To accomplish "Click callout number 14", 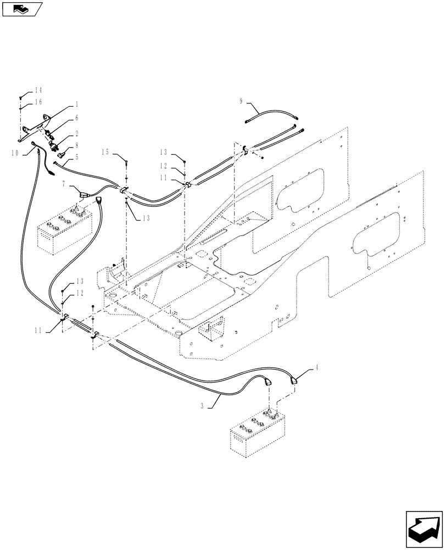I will (x=38, y=90).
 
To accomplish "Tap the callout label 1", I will (x=77, y=104).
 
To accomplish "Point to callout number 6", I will (x=77, y=118).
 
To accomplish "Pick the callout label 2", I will (x=77, y=134).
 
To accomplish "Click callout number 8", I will (x=77, y=145).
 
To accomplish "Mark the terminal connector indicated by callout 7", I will (x=83, y=193).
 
